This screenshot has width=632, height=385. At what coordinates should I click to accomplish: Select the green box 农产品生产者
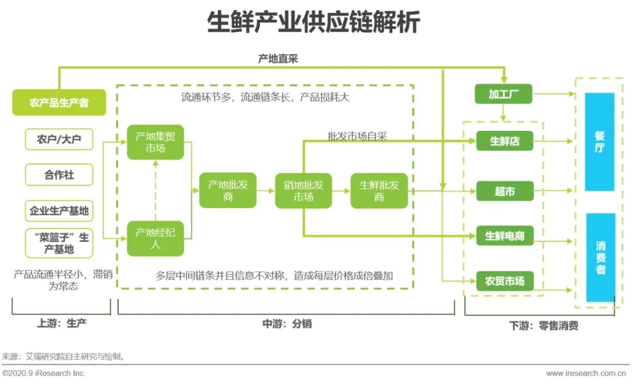click(x=59, y=103)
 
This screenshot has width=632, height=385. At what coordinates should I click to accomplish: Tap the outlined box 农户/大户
click(x=59, y=140)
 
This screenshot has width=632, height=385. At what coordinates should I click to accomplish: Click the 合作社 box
click(x=59, y=175)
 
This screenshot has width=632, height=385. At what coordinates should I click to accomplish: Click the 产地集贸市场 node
click(x=155, y=142)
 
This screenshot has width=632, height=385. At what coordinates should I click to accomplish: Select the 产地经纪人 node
click(x=155, y=238)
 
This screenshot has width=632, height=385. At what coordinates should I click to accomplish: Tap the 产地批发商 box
click(x=228, y=190)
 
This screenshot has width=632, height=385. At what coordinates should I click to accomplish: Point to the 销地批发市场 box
click(x=304, y=190)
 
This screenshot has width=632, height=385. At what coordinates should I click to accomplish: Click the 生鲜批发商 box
click(x=379, y=190)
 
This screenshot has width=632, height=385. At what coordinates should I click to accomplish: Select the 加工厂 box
click(x=503, y=94)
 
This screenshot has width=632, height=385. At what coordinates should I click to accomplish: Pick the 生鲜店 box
click(x=504, y=141)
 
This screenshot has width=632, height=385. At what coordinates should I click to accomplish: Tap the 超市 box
click(x=504, y=191)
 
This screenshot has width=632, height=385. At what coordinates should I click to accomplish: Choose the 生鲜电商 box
click(x=504, y=236)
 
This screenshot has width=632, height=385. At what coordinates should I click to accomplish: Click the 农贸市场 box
click(x=504, y=281)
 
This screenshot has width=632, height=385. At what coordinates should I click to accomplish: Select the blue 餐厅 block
click(x=599, y=142)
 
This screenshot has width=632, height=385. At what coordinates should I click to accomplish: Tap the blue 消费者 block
click(x=600, y=257)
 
